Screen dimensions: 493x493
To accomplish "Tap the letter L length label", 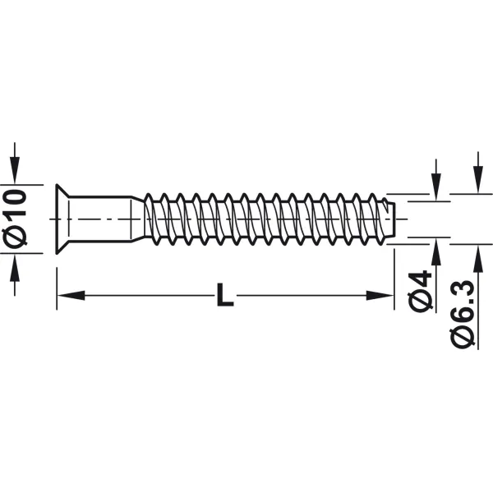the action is [225, 295].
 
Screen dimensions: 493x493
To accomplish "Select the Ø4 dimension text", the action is [419, 291].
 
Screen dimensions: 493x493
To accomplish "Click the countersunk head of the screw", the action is [62, 219].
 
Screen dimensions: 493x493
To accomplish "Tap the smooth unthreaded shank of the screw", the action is [100, 219].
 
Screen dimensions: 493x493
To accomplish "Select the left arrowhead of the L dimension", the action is [71, 296].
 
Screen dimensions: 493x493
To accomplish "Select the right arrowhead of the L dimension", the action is [380, 296].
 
